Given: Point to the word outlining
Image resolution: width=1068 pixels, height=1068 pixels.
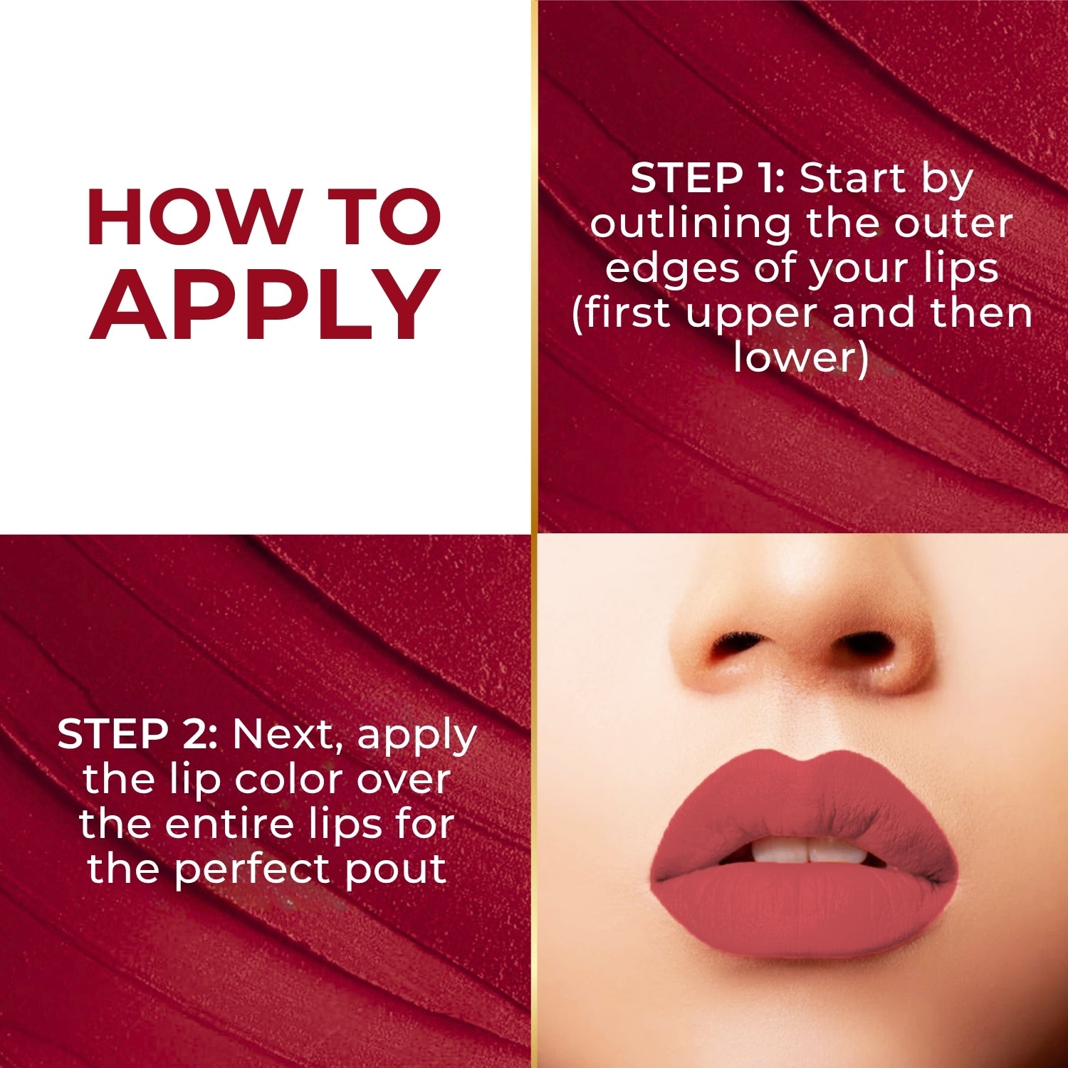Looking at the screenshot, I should (689, 224).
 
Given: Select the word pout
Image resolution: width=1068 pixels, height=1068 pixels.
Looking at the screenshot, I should (396, 870).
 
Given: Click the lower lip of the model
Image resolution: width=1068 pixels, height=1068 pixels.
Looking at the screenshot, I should (801, 908).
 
